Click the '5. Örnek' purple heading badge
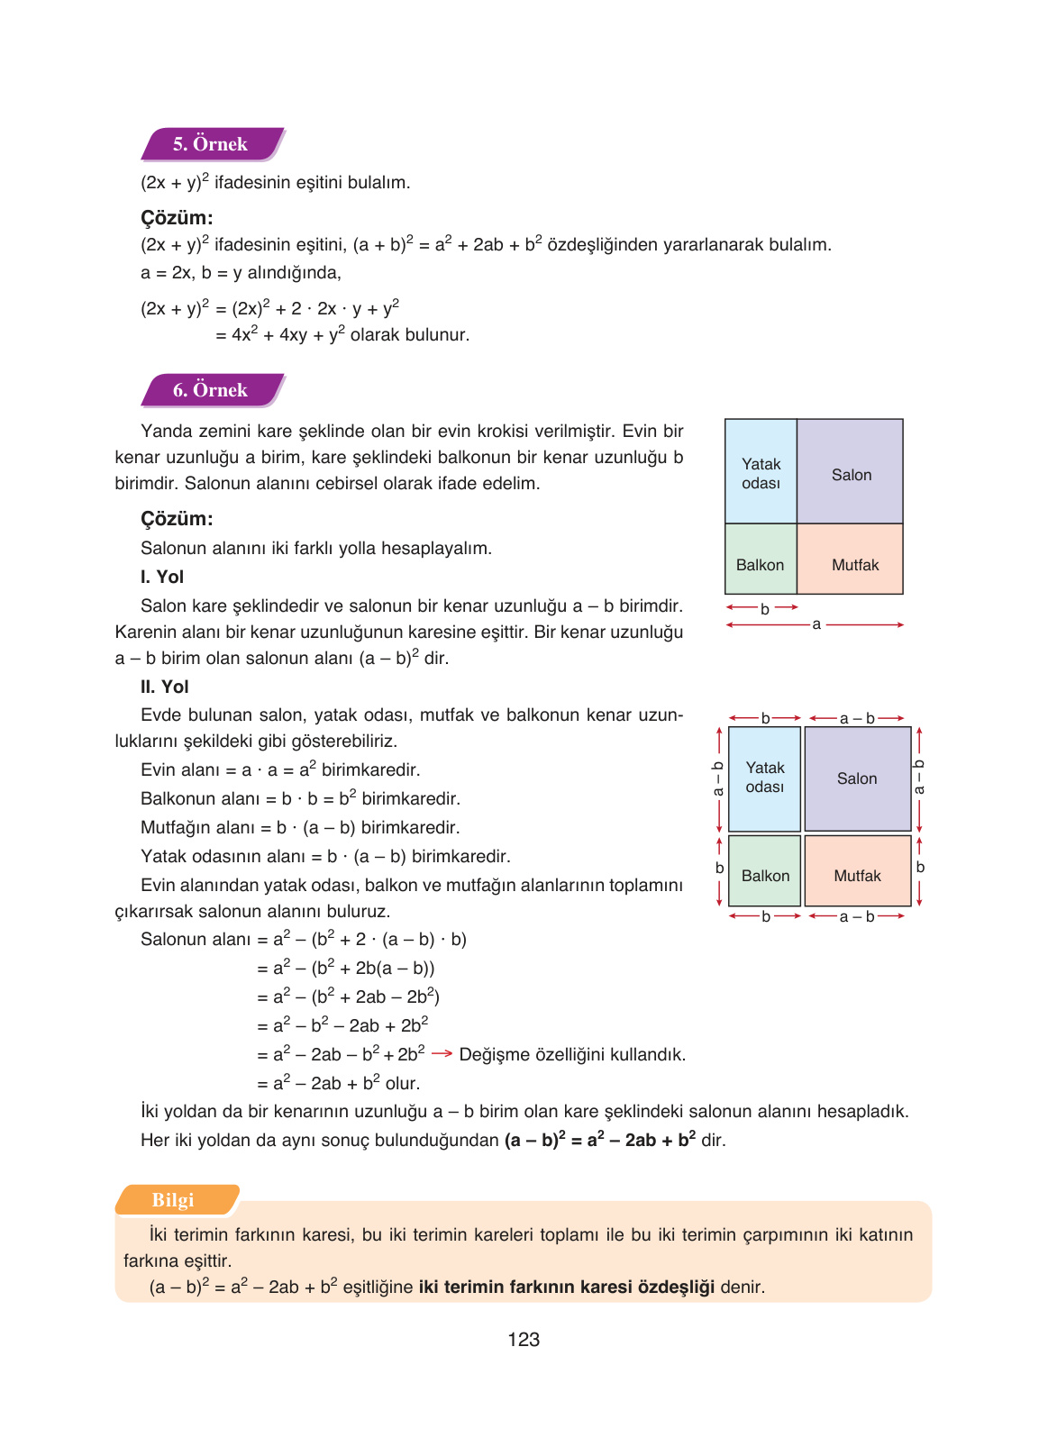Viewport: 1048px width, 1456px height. tap(211, 144)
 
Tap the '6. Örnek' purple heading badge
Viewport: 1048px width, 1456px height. tap(211, 390)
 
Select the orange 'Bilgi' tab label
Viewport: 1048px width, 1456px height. tap(173, 1200)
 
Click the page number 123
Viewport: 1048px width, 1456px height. tap(524, 1340)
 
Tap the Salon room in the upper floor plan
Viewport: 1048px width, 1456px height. tap(851, 474)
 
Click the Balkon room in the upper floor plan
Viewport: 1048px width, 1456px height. tap(761, 564)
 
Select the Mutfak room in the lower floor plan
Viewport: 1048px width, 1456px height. tap(857, 874)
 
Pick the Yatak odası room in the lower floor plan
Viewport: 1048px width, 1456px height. tap(765, 777)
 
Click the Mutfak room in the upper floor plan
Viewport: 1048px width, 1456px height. tap(854, 564)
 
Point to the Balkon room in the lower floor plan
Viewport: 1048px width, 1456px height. tap(765, 874)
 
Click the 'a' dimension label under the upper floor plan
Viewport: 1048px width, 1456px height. tap(816, 624)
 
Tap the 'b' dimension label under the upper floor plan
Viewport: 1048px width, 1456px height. tap(764, 608)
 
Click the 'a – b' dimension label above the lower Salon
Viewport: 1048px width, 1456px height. tap(857, 718)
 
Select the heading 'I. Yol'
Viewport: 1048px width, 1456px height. tap(162, 577)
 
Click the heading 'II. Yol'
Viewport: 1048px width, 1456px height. tap(165, 687)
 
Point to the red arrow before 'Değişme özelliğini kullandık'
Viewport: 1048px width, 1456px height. tap(442, 1053)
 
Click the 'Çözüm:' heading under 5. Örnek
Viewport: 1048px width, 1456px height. tap(177, 217)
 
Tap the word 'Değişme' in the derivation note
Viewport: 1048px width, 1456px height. tap(490, 1054)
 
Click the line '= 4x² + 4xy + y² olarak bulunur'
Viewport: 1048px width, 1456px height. tap(342, 334)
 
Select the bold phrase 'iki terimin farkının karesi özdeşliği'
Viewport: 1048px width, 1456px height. tap(566, 1287)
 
